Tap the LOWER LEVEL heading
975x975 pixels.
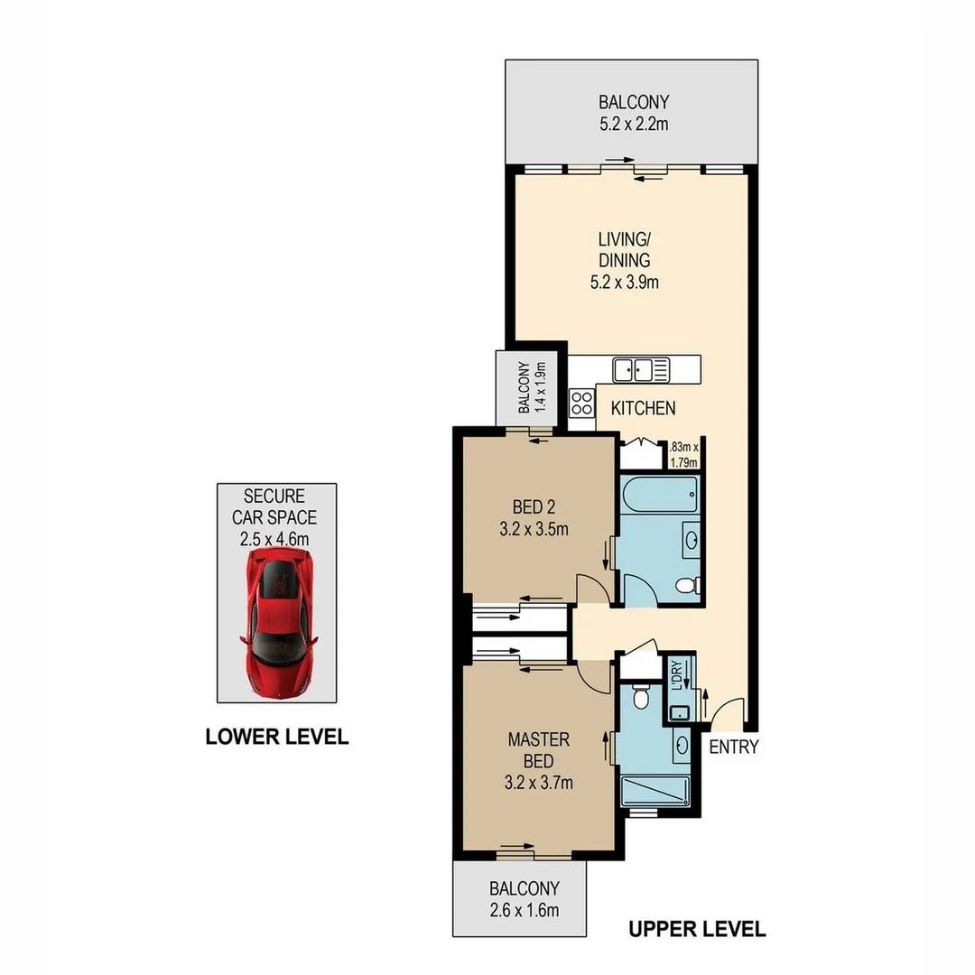click(x=277, y=737)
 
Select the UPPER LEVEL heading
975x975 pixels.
click(x=696, y=928)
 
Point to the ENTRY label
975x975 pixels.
click(x=733, y=747)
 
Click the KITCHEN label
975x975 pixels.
click(x=643, y=408)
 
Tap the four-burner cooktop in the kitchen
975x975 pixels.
click(x=582, y=401)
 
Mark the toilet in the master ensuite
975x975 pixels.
click(x=641, y=698)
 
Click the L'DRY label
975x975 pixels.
click(x=676, y=678)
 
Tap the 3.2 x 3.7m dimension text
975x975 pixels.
click(x=538, y=783)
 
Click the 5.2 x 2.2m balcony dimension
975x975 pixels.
click(x=634, y=124)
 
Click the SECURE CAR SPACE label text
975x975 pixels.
click(x=274, y=506)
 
